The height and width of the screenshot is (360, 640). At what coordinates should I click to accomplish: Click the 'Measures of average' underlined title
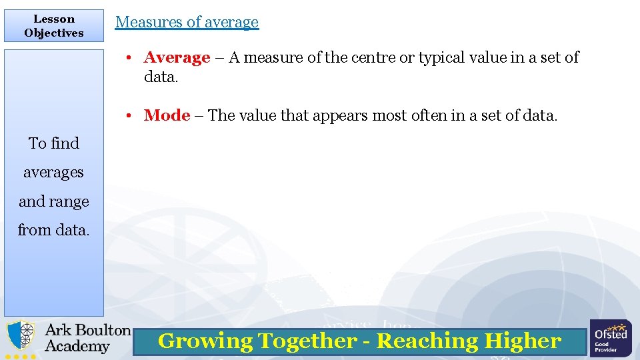(x=187, y=22)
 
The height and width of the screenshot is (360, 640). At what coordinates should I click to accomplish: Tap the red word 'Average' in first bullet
(x=177, y=58)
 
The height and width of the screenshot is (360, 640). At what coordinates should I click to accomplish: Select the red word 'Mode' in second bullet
(x=167, y=115)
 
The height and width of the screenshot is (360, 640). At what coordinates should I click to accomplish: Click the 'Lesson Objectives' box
(x=54, y=26)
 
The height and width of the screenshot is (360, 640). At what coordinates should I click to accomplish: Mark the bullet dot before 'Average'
(x=133, y=58)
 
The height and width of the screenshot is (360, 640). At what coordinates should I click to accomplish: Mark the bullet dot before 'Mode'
(x=133, y=115)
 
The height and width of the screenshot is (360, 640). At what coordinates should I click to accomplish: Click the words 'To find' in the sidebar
(x=54, y=143)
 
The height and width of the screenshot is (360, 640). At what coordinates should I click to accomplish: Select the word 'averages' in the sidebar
(x=53, y=173)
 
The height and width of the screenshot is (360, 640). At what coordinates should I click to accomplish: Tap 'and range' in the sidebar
(x=54, y=201)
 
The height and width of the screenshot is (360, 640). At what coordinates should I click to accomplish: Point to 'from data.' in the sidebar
(x=53, y=230)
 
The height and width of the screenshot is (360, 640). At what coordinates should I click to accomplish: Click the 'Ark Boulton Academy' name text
(x=87, y=338)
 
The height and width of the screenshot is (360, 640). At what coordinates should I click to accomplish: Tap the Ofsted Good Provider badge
(x=611, y=338)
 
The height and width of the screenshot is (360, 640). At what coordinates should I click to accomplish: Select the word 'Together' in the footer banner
(x=307, y=341)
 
